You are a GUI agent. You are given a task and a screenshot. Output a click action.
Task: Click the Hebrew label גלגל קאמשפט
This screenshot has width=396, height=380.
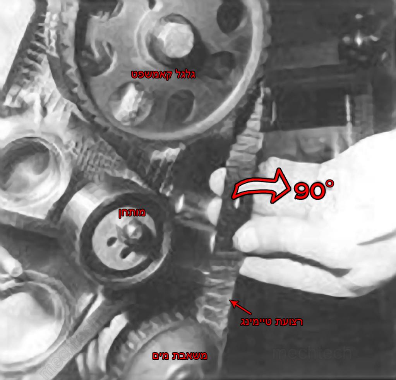pos(163,74)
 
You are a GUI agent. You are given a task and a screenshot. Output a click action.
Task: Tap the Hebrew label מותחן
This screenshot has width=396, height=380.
pos(132,212)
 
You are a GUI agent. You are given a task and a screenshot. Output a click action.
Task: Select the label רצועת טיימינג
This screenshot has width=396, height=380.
pos(271,322)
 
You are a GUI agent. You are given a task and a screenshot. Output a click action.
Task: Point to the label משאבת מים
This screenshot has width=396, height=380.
pos(180,356)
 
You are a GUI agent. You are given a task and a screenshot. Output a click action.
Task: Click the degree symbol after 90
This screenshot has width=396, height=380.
pos(330,183)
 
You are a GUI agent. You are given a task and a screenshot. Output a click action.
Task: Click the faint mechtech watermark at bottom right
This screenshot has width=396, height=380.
pos(312,353)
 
